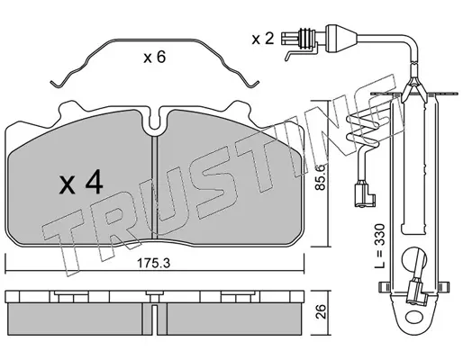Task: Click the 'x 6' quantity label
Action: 154,57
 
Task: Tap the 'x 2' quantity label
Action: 263,39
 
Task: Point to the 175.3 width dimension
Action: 153,264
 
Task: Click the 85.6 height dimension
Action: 321,176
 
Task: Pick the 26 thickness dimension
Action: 321,311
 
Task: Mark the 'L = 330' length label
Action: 380,246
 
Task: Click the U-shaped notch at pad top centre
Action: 154,123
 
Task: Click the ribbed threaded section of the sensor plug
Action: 306,39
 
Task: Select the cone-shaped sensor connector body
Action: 341,39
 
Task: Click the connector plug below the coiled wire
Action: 365,195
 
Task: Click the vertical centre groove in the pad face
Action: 154,187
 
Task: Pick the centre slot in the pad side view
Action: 154,319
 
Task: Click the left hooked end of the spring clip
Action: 57,84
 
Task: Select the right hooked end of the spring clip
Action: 253,84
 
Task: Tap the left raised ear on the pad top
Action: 69,109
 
